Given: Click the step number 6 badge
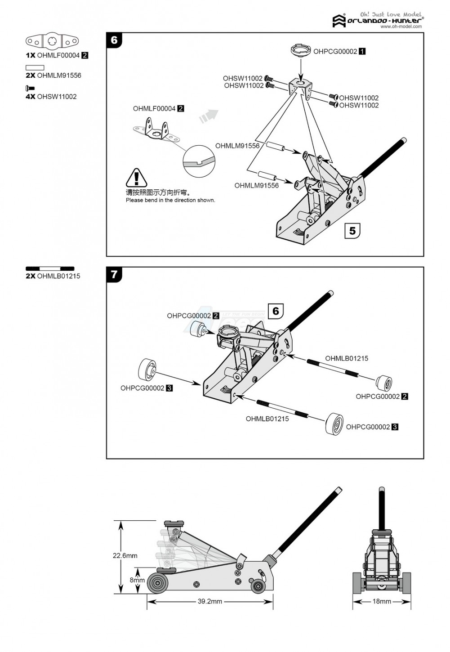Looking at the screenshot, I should (x=114, y=40).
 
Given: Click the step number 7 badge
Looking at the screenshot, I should (x=114, y=274).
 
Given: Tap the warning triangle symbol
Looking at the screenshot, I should (x=136, y=178).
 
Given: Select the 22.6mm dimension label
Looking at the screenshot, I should (x=125, y=556).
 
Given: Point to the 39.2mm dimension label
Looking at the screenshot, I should (x=209, y=602).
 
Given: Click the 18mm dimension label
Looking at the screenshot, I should (x=381, y=602).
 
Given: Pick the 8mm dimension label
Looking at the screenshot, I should (x=137, y=580).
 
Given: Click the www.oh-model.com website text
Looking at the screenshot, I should (x=401, y=27).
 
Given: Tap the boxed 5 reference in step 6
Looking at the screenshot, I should (x=352, y=231).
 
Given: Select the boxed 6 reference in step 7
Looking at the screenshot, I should (x=276, y=311).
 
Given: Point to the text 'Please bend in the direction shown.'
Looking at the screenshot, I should (x=170, y=200).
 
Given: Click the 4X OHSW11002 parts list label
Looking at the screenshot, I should (x=51, y=97).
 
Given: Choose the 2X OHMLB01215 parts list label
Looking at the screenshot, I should (x=53, y=276).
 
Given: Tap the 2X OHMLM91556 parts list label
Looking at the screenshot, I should (x=53, y=76).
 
